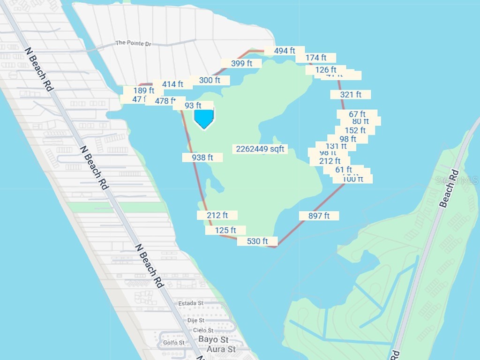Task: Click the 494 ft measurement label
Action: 284,51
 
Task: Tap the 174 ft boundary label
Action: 315,58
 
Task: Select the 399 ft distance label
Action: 241,63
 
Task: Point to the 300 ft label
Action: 210,80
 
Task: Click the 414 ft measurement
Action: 172,84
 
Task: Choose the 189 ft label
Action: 143,90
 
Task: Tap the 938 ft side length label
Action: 202,157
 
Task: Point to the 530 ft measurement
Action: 257,241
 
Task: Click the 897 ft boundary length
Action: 319,216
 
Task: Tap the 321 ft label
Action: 351,95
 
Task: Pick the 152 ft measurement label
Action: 355,130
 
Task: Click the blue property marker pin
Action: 204,118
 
